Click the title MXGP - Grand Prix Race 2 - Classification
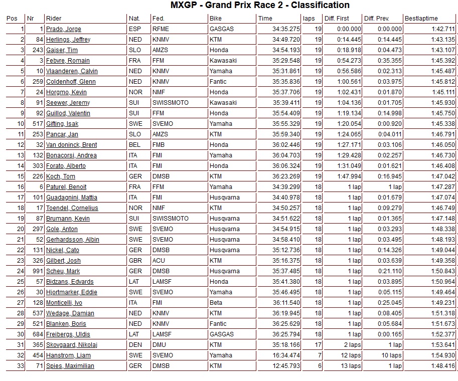(260, 6)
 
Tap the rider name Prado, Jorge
(63, 29)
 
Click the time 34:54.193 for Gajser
(286, 50)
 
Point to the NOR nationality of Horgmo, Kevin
(135, 92)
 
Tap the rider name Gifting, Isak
(62, 124)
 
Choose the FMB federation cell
(159, 145)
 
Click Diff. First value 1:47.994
(349, 176)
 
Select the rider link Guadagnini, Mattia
(72, 198)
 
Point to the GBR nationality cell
(135, 261)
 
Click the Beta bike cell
(216, 303)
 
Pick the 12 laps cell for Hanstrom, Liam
(349, 355)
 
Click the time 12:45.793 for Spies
(286, 366)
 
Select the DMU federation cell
(159, 345)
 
